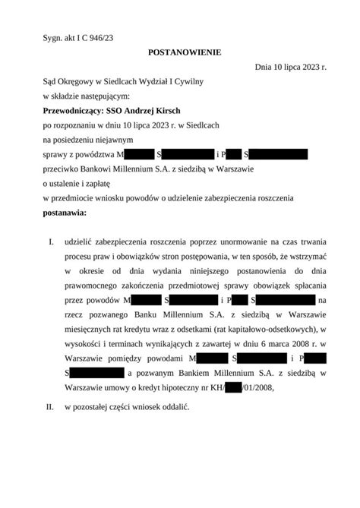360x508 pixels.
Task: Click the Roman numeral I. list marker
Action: pyautogui.click(x=50, y=241)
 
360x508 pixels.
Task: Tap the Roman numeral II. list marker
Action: pyautogui.click(x=49, y=408)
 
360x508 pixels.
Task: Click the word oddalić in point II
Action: pyautogui.click(x=172, y=408)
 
